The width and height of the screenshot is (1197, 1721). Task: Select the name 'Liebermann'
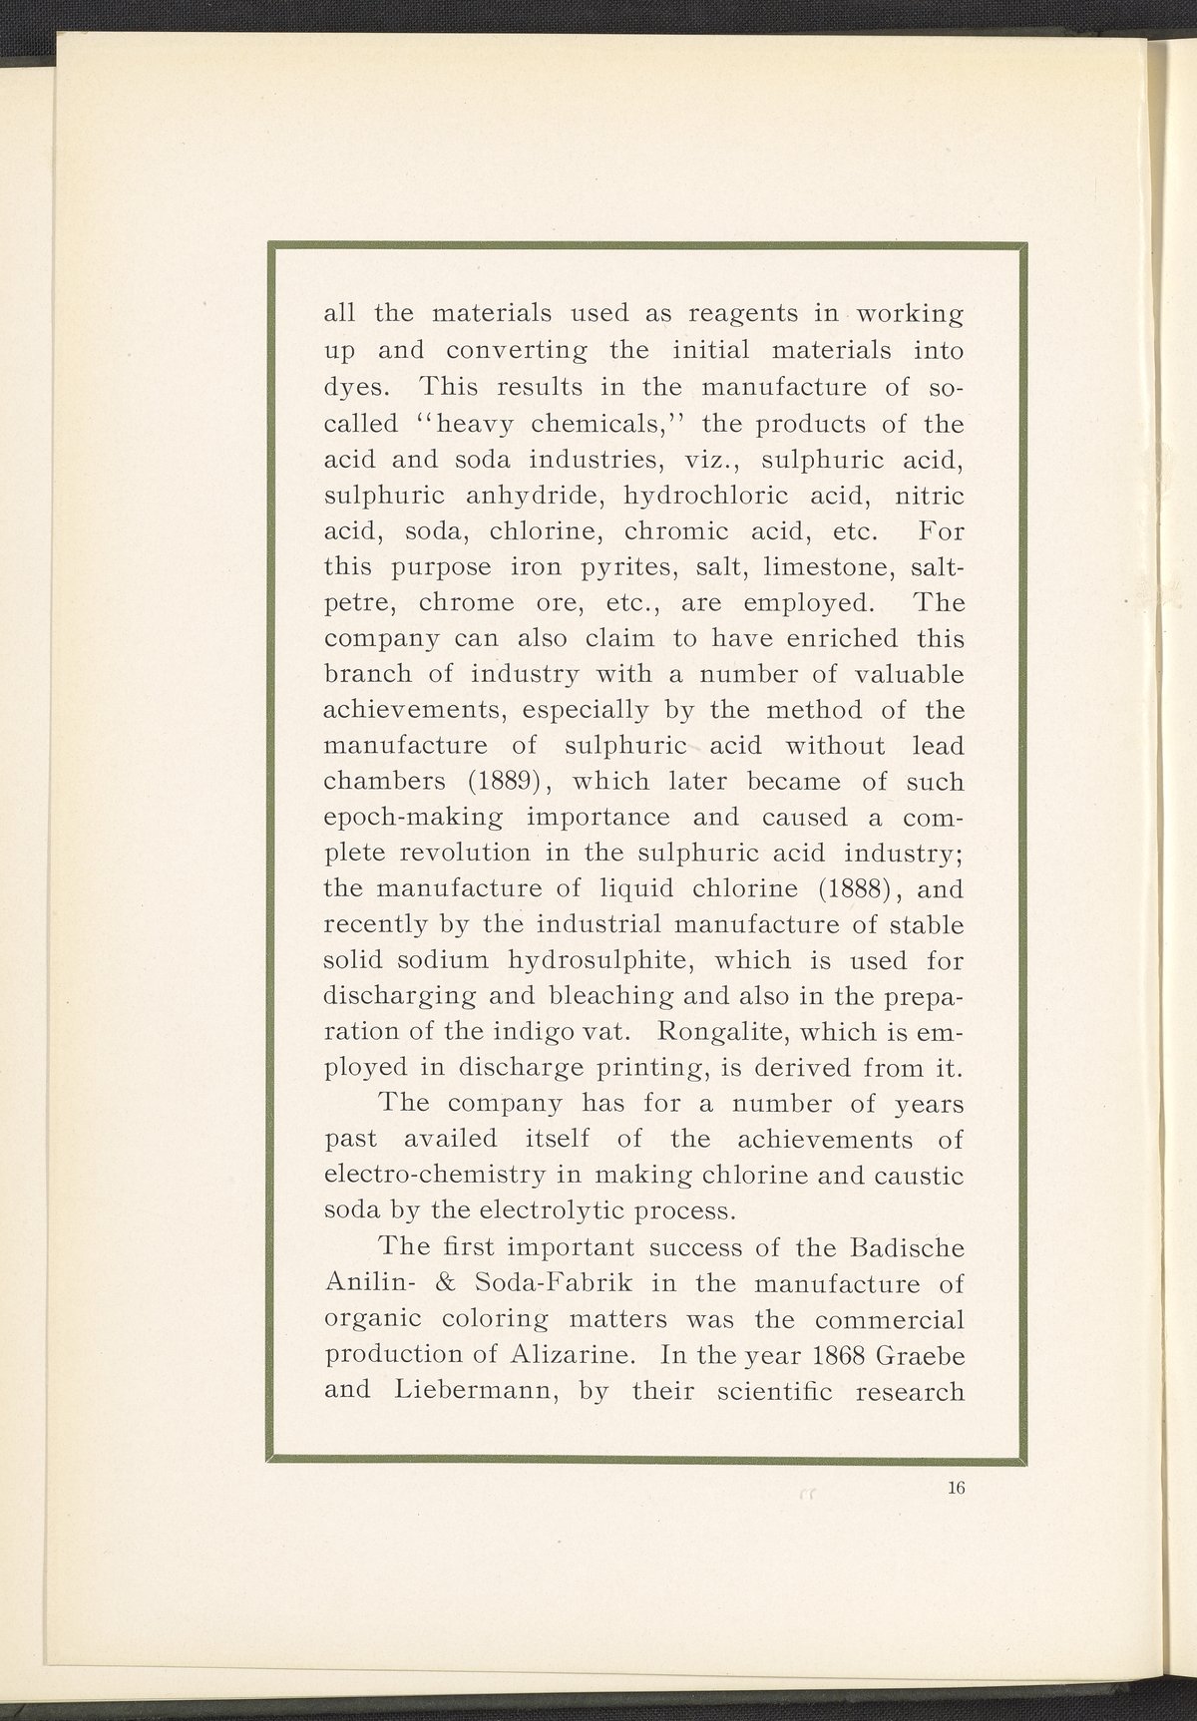(x=465, y=1391)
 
